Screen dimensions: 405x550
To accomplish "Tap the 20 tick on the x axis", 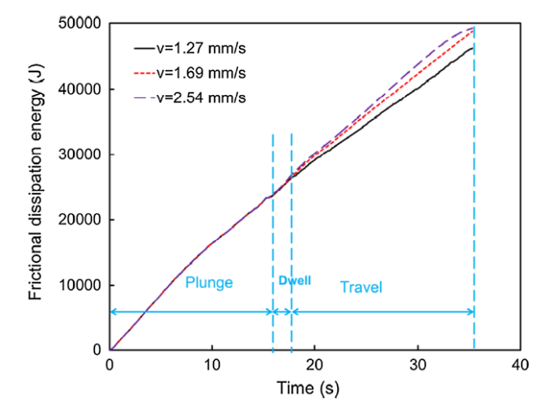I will click(314, 365).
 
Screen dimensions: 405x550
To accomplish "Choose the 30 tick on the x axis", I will click(417, 365).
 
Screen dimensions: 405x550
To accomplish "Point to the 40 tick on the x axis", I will click(519, 365).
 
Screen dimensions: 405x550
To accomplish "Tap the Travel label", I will click(361, 287).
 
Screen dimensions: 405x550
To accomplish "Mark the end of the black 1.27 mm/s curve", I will click(473, 48).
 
